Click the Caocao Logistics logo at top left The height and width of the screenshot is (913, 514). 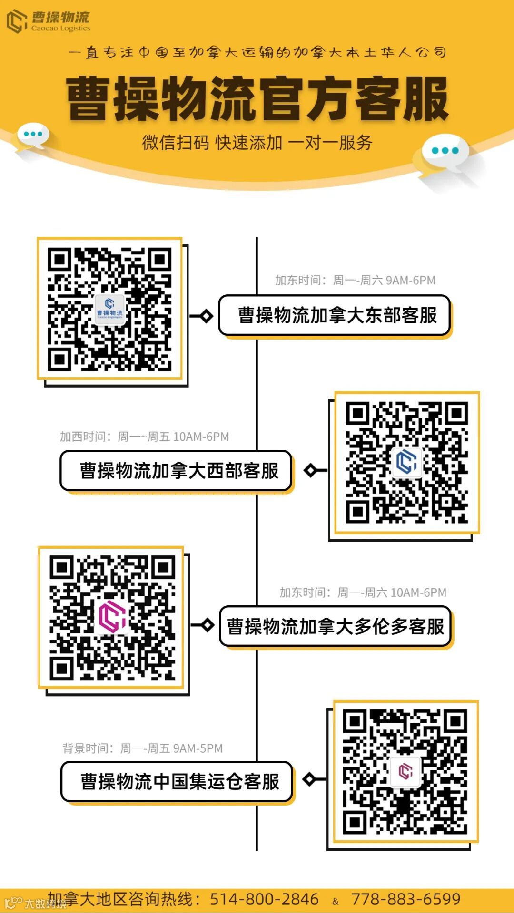click(48, 21)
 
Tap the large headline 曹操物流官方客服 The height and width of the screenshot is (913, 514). click(257, 99)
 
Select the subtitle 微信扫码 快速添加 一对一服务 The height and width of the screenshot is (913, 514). click(257, 142)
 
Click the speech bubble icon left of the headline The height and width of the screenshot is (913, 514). click(33, 136)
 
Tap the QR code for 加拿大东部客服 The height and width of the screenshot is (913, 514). click(109, 309)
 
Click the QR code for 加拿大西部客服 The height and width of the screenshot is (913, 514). click(407, 463)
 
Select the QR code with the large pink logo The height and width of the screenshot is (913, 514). click(112, 617)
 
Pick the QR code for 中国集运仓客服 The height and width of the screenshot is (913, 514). click(405, 771)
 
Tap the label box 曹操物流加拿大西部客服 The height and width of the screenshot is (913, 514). click(176, 471)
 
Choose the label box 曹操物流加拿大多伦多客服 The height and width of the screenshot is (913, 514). click(335, 626)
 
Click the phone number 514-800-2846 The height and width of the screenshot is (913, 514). click(264, 899)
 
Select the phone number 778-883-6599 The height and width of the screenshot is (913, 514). click(405, 899)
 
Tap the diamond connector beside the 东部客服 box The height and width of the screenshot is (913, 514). click(206, 316)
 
